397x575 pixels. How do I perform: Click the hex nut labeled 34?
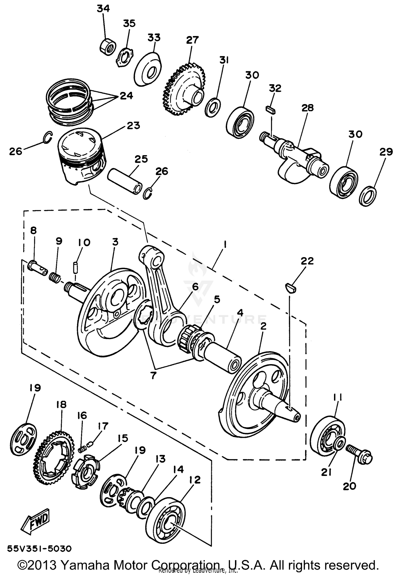click(108, 47)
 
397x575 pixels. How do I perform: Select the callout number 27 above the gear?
click(192, 40)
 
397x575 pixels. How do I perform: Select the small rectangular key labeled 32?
click(270, 110)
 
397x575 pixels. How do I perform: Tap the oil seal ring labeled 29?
click(368, 197)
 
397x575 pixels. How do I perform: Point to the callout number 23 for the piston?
click(133, 125)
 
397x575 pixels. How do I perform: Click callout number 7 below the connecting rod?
click(153, 375)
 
